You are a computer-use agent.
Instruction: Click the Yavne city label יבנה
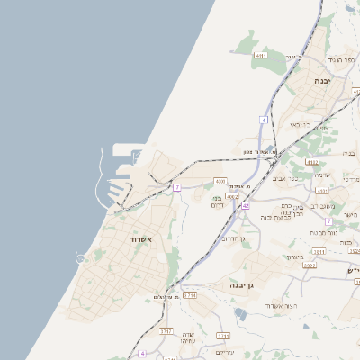[319, 81]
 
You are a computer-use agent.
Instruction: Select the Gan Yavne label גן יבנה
[238, 285]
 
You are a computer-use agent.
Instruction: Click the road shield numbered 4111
[261, 56]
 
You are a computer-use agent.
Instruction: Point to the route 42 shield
[245, 205]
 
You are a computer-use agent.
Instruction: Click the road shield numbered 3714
[189, 294]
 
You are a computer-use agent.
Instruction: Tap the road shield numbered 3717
[166, 331]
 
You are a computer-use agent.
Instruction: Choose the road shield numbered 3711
[222, 336]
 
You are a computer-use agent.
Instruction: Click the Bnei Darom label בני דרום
[216, 202]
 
